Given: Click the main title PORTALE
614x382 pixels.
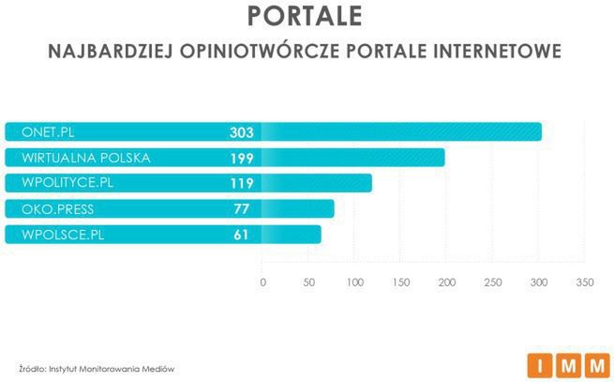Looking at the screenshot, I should tap(307, 17).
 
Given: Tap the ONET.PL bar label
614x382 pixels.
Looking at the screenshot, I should tap(48, 132).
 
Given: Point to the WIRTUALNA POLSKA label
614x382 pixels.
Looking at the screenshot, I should tap(86, 158).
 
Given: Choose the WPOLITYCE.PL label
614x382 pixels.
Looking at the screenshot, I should tap(68, 183).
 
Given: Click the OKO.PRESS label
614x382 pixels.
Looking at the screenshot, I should tap(57, 208).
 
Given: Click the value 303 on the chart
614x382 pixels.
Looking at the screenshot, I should tap(241, 132).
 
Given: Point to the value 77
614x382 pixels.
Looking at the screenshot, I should tap(241, 208).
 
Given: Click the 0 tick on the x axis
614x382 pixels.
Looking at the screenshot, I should tap(262, 282).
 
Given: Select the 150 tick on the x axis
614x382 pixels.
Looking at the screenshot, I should tap(400, 282).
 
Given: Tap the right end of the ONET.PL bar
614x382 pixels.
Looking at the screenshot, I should tap(538, 132).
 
